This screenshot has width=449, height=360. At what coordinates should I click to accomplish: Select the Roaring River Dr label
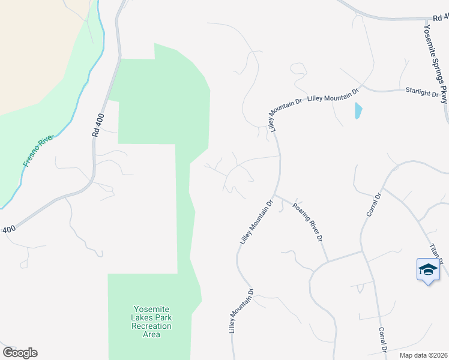coord(308,222)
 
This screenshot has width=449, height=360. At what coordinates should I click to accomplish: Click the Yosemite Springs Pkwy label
coord(436,63)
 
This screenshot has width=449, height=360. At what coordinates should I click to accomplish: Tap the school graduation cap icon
coord(428,269)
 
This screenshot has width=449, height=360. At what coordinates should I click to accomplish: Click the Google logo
coord(20,353)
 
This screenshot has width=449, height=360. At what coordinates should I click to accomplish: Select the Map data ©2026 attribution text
coord(424,355)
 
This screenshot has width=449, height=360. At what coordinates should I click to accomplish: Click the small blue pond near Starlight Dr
coord(358,110)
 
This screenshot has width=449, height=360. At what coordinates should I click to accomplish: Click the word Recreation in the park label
coord(152,326)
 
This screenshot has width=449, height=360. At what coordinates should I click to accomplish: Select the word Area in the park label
coord(152,334)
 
